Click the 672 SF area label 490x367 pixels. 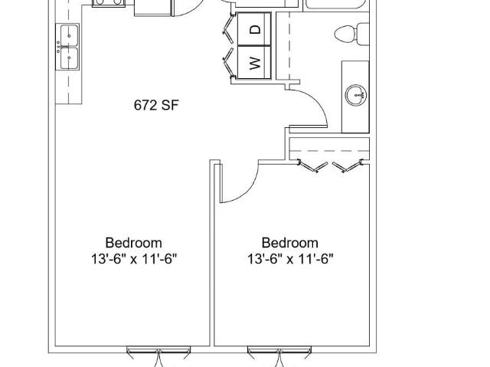click(156, 105)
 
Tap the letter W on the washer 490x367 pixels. click(255, 64)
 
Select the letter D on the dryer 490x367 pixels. click(255, 30)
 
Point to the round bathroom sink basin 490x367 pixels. click(355, 95)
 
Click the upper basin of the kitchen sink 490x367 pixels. click(69, 35)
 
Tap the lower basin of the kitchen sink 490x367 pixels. click(69, 58)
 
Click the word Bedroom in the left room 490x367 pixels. click(133, 243)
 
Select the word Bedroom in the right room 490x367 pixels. click(289, 243)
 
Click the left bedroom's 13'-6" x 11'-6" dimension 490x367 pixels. click(134, 259)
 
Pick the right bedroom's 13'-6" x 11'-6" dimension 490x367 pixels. click(290, 259)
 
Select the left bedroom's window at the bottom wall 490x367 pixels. click(158, 349)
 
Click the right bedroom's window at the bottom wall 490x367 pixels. click(279, 349)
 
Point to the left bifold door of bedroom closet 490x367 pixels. click(312, 166)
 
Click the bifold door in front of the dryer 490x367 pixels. click(228, 28)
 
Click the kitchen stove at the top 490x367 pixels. click(108, 3)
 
